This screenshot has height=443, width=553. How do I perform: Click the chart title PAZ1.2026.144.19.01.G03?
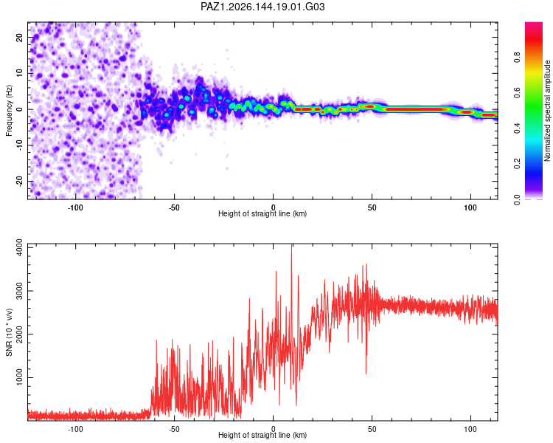tap(262, 7)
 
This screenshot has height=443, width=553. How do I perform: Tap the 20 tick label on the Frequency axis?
tap(20, 37)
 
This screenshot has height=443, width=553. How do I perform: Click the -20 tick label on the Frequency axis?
tap(20, 182)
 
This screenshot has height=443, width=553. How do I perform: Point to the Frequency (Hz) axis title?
tap(9, 110)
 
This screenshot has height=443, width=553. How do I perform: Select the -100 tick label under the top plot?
tap(75, 207)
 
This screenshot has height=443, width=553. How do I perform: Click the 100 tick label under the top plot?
tap(470, 207)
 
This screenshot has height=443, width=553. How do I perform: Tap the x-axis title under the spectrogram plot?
tap(262, 213)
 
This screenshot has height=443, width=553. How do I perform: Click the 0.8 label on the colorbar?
tap(517, 58)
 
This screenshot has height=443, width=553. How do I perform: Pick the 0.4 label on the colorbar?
tap(517, 128)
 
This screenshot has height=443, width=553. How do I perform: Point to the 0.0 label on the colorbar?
tap(517, 199)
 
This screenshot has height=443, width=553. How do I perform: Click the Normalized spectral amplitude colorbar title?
tap(547, 111)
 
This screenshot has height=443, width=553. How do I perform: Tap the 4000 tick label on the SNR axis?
tap(20, 247)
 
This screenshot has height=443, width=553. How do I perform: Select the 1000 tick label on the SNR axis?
tap(20, 377)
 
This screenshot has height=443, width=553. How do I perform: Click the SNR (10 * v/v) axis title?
tap(9, 332)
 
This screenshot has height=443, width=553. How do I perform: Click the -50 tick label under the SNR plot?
tap(174, 429)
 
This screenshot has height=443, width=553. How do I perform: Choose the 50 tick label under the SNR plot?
tap(372, 429)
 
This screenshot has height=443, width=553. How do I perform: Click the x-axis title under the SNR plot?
tap(262, 435)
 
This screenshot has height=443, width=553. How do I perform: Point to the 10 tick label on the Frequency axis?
tap(20, 73)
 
